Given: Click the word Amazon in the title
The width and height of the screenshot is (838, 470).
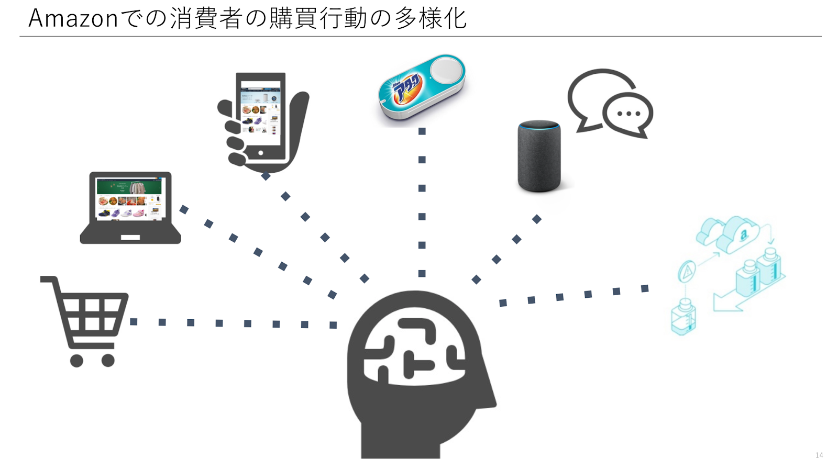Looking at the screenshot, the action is (73, 19).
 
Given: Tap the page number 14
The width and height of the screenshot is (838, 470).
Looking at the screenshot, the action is (819, 455).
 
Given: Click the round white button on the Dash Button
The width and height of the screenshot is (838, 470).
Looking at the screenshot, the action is (446, 70).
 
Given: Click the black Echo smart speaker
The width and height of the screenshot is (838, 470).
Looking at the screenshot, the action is (539, 157).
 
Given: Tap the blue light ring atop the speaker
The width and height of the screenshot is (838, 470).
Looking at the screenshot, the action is (539, 125).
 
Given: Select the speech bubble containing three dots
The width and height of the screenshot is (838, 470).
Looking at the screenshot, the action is (628, 114).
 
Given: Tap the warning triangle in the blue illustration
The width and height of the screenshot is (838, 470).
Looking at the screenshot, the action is (687, 271).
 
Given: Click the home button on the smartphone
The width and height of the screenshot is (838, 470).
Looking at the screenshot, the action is (260, 153).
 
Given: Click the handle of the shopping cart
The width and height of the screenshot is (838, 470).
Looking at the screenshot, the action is (48, 279).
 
